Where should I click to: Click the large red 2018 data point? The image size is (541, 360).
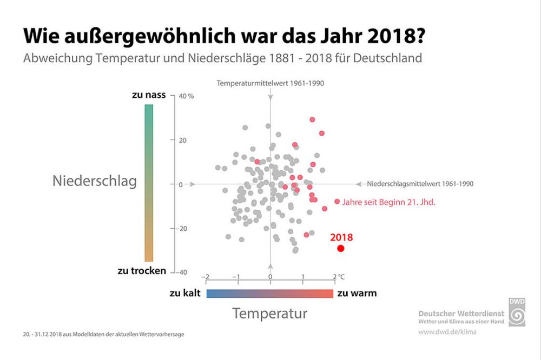coord(341,248)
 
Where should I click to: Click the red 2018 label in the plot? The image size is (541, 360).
coord(341,237)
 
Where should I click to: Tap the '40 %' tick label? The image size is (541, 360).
coord(186,96)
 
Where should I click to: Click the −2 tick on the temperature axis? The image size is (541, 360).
coord(205,277)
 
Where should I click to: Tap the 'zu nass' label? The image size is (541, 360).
coord(149,95)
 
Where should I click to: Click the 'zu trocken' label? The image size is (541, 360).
coord(142,271)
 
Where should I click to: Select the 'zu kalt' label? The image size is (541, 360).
coord(185,293)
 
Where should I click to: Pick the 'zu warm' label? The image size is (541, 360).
coord(357,293)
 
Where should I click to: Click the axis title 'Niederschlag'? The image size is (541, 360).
coord(95,181)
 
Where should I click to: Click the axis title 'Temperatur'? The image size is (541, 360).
coord(270,313)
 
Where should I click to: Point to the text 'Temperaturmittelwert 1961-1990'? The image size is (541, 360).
coord(270,84)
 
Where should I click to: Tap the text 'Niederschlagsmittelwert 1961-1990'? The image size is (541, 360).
coord(420,184)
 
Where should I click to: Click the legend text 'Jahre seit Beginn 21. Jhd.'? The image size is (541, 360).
coord(388,203)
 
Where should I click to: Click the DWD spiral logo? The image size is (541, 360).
coord(517,312)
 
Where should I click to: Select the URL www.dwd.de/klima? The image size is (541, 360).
coord(447,331)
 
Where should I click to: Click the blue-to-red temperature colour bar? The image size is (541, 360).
coord(270,293)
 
